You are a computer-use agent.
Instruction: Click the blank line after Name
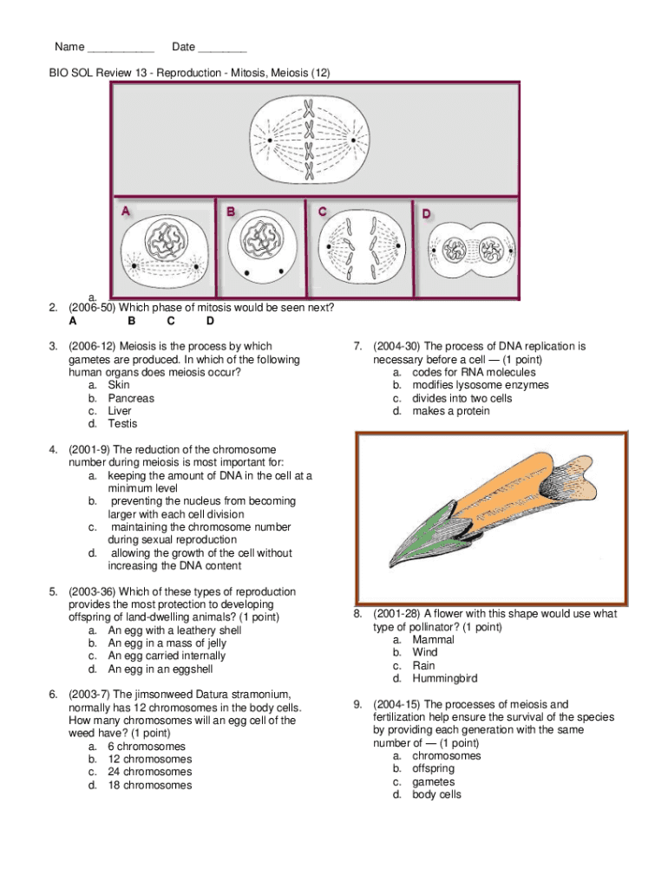click(x=121, y=51)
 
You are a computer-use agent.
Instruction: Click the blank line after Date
click(x=222, y=51)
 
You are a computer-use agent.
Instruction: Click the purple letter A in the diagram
click(x=125, y=212)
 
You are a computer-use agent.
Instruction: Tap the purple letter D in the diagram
click(x=426, y=213)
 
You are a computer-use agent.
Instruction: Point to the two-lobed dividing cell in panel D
click(x=471, y=250)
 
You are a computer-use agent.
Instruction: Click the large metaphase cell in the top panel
click(x=310, y=140)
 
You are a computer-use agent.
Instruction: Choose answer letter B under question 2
click(x=132, y=321)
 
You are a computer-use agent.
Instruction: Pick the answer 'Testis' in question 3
click(x=122, y=423)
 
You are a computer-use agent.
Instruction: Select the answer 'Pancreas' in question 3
click(x=131, y=398)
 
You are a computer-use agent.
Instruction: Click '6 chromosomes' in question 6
click(x=146, y=747)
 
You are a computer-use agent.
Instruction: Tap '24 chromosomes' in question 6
click(x=149, y=772)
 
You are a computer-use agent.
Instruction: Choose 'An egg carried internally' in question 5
click(x=167, y=656)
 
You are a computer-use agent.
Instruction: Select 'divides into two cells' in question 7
click(x=462, y=398)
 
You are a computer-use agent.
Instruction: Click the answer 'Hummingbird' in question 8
click(x=445, y=678)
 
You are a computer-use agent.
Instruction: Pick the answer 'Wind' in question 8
click(x=424, y=652)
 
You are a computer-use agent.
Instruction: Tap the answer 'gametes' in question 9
click(x=434, y=781)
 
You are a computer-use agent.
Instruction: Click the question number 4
click(x=53, y=450)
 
